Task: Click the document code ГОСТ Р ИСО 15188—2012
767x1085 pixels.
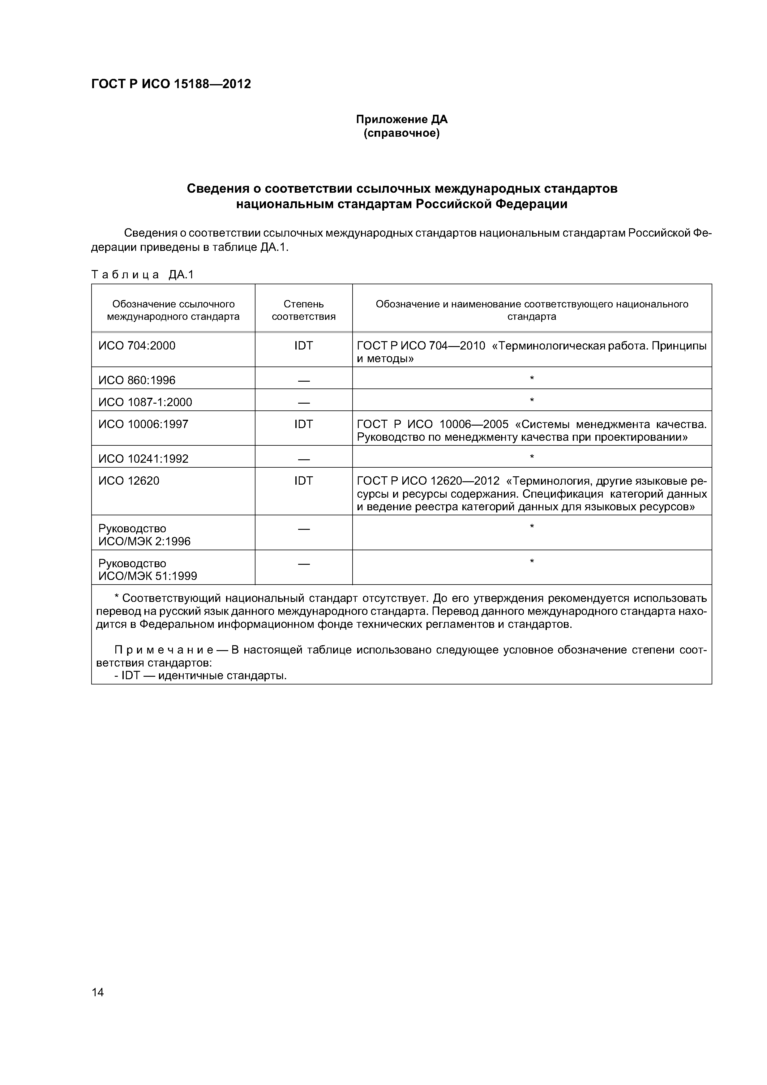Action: (x=171, y=84)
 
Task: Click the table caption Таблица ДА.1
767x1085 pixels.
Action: (x=143, y=275)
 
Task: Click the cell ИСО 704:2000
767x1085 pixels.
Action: (x=137, y=345)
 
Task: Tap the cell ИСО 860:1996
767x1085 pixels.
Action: (x=137, y=380)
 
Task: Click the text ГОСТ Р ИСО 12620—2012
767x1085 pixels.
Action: (x=428, y=481)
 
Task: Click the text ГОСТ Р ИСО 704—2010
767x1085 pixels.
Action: (x=421, y=345)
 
